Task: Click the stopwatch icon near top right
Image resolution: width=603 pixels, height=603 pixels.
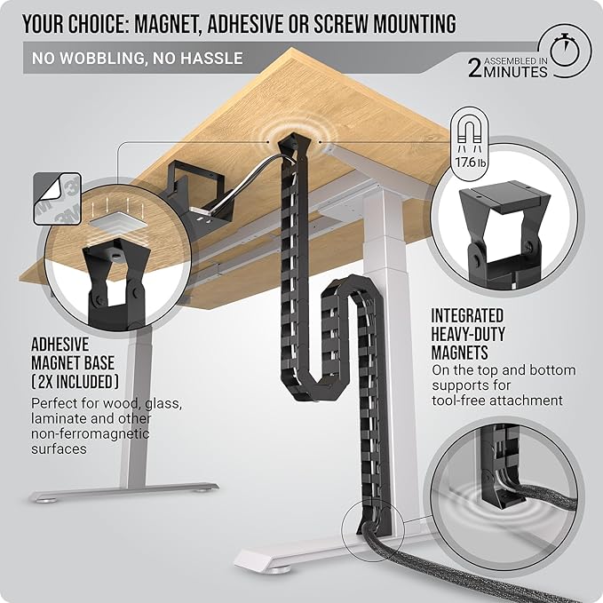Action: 571,52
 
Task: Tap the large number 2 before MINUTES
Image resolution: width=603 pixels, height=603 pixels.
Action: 476,67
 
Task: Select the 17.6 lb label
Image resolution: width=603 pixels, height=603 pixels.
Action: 472,163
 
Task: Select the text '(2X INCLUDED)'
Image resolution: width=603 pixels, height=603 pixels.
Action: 75,381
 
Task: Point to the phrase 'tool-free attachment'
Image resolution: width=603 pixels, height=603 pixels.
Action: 497,401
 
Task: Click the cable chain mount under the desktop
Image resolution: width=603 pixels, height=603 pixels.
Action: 289,142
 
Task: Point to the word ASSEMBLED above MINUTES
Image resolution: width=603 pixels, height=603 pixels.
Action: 518,55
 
